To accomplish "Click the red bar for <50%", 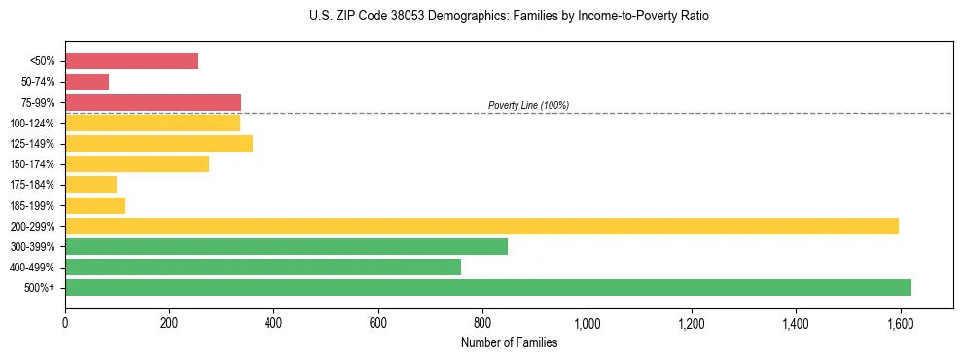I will (131, 61).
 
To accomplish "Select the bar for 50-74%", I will (87, 82).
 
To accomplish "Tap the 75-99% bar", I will (153, 102).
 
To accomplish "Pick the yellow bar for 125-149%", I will (159, 144).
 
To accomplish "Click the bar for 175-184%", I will (90, 185).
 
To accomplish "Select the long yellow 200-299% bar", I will (481, 226).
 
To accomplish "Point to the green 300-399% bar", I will (286, 246).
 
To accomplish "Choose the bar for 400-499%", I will (263, 267).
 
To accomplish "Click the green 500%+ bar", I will (488, 287).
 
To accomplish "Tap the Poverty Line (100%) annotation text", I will (528, 105).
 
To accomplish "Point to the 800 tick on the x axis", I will (482, 321).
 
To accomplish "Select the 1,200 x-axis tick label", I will (692, 321).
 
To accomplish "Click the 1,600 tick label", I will (900, 321).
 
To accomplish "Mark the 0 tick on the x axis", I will (65, 321).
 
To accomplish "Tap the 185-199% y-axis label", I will (34, 205).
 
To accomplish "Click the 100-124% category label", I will (34, 124).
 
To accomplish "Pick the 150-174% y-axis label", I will (34, 164).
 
